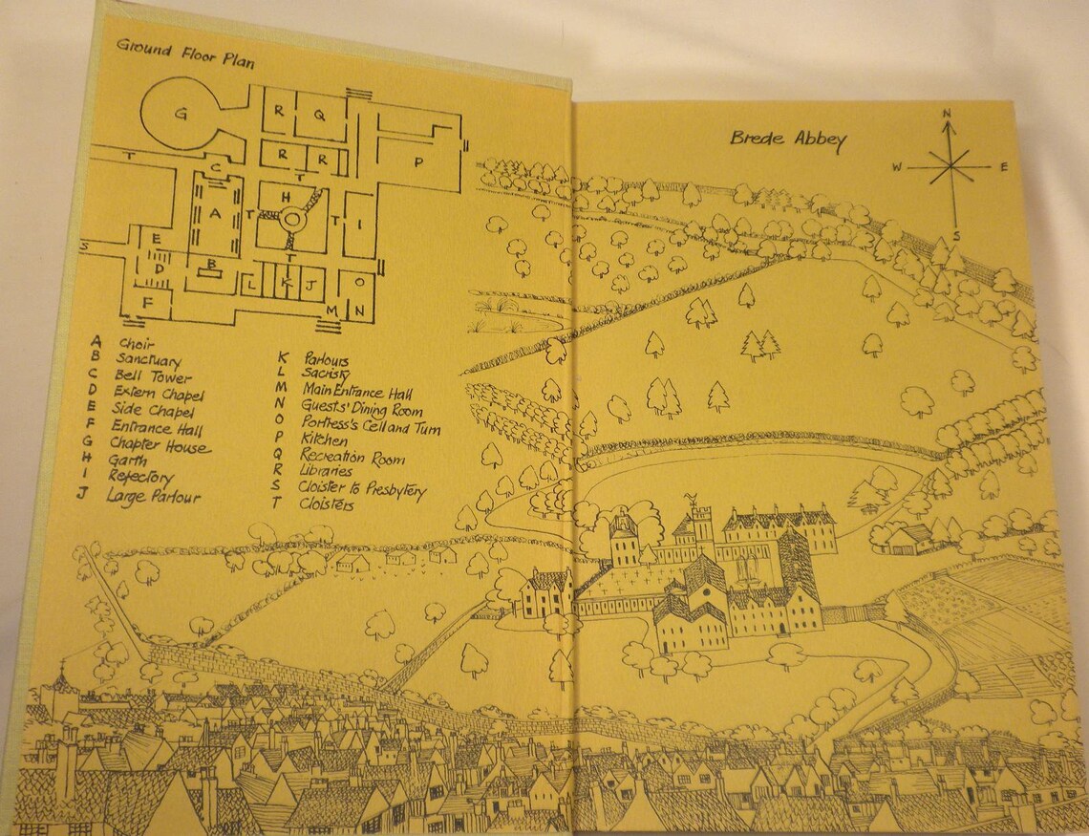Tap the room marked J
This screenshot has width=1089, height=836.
click(310, 283)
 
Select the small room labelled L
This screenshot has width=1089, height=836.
click(250, 284)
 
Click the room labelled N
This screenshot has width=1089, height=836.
click(358, 311)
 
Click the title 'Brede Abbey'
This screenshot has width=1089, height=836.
click(788, 139)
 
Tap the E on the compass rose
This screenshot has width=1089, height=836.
click(1003, 167)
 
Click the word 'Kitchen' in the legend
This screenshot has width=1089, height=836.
click(325, 438)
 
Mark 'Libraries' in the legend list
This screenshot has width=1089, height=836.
click(327, 471)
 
